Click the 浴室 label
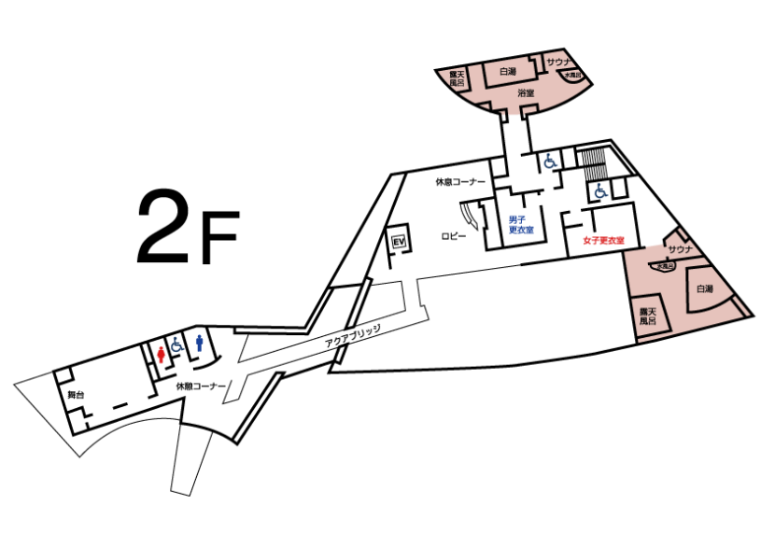coord(526,93)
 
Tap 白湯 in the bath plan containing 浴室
coord(507,72)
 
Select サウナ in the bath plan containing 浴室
coord(558,62)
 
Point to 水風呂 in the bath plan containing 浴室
coord(572,75)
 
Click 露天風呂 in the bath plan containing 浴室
coord(457,78)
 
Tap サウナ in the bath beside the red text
coord(681,249)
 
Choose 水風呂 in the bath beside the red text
coord(664,266)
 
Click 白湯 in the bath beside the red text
coord(705,289)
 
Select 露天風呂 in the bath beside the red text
coord(648,316)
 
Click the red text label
coord(603,241)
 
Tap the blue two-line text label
coord(521,224)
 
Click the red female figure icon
coord(161,354)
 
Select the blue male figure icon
coord(199,343)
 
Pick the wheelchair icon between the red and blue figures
coord(177,344)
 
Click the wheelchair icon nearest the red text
coord(600,191)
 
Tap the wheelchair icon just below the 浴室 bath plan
coord(550,161)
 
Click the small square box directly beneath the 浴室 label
coord(529,110)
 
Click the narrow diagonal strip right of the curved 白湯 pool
coord(740,305)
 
